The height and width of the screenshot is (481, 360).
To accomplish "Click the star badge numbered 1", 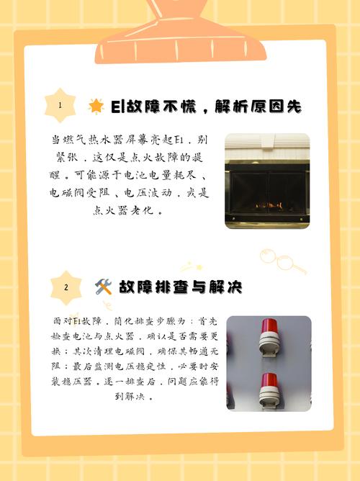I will pyautogui.click(x=60, y=106).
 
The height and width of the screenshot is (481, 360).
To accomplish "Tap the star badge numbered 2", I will pyautogui.click(x=66, y=287).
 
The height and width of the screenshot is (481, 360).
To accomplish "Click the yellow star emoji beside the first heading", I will pyautogui.click(x=96, y=107).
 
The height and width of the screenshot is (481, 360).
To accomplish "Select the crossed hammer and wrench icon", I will pyautogui.click(x=103, y=287).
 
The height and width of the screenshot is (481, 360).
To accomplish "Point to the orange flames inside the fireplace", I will pyautogui.click(x=269, y=205).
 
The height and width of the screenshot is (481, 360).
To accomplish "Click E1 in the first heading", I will pyautogui.click(x=117, y=107).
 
